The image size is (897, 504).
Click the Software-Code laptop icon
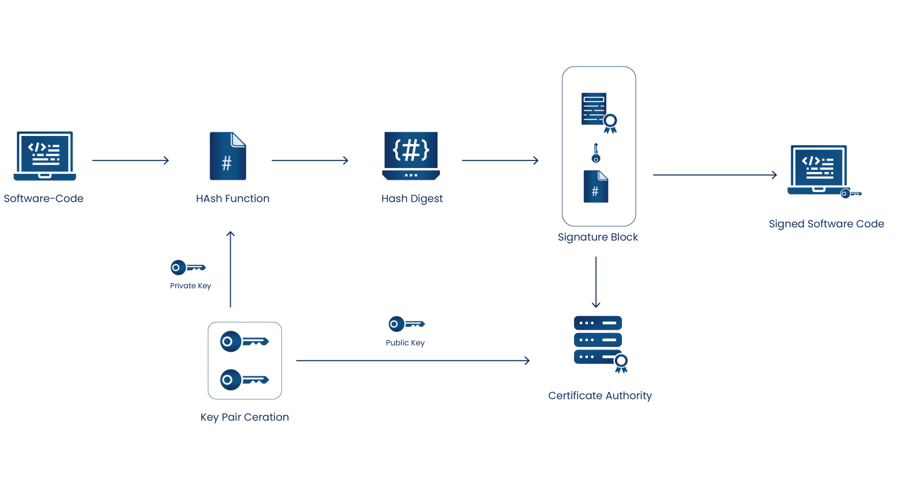click(x=45, y=156)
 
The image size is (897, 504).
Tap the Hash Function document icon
click(x=228, y=156)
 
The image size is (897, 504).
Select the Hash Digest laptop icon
click(x=411, y=156)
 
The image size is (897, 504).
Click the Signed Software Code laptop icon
click(x=819, y=170)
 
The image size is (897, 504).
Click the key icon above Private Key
click(x=187, y=268)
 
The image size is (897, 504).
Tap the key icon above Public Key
click(x=406, y=324)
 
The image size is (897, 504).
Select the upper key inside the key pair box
click(x=244, y=341)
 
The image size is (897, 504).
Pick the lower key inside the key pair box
click(x=244, y=380)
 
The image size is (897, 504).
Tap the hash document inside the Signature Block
click(x=596, y=187)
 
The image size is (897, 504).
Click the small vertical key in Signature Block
click(x=596, y=153)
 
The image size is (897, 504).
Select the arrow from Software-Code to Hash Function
click(x=130, y=160)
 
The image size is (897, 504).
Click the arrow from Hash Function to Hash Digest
click(x=310, y=160)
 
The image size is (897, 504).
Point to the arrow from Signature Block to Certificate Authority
click(x=596, y=282)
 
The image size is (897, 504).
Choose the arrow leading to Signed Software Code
click(x=715, y=174)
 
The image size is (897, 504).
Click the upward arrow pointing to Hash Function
click(x=231, y=269)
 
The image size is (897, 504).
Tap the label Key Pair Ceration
click(x=245, y=417)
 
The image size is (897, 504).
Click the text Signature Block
click(x=597, y=237)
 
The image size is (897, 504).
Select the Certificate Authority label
click(x=600, y=395)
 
